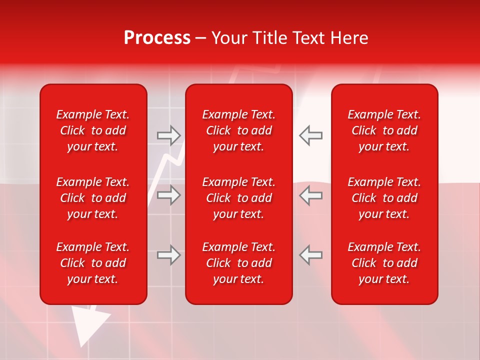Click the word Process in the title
157,38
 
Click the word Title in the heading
270,38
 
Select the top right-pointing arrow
169,135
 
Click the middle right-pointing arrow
169,195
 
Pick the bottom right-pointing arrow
169,255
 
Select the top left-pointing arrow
310,135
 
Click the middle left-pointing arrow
310,195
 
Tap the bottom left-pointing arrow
310,255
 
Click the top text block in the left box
93,130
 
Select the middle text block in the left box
93,198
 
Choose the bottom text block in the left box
93,263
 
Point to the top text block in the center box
239,130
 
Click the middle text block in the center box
239,198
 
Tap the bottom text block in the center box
239,263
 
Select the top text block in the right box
384,130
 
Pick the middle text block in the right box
384,198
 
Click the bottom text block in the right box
384,263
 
